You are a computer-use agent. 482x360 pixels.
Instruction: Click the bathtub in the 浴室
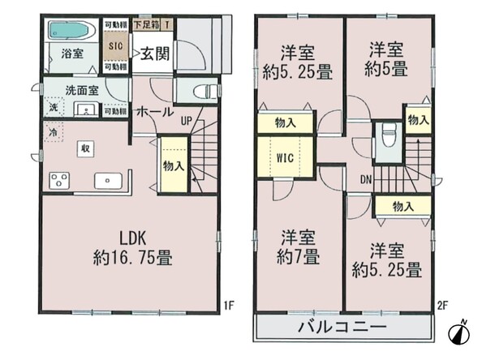click(x=72, y=30)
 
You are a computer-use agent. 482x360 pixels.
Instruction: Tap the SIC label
click(x=115, y=46)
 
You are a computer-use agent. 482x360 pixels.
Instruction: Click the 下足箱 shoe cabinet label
click(x=147, y=24)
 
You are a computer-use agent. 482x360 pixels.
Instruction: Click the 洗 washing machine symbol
click(x=54, y=107)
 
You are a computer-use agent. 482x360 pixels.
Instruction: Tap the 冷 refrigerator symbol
click(x=54, y=132)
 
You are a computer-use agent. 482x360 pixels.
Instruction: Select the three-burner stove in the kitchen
click(x=59, y=181)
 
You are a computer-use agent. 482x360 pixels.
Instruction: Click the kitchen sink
click(x=108, y=181)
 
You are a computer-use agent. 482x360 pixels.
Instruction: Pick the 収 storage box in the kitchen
click(x=85, y=148)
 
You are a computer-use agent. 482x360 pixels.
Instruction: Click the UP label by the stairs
click(x=187, y=122)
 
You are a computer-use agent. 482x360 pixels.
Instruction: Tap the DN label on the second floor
click(x=366, y=180)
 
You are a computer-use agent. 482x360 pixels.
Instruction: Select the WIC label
click(x=285, y=158)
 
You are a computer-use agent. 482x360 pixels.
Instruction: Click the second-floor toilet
click(x=388, y=136)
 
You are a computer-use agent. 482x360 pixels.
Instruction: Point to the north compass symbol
click(x=459, y=332)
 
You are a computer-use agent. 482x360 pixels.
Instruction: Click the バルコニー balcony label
click(x=342, y=327)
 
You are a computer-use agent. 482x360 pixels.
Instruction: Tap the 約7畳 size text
click(x=298, y=257)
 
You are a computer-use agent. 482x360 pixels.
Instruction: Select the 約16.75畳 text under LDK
click(x=132, y=257)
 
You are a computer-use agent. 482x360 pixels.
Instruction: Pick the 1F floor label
click(x=229, y=306)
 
